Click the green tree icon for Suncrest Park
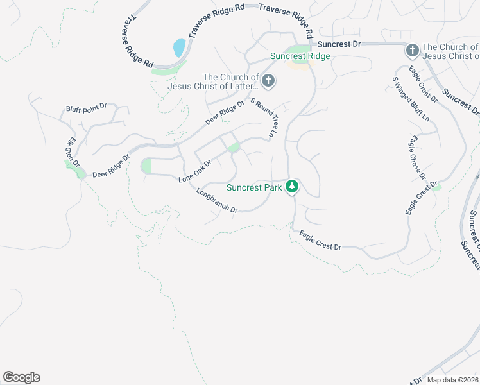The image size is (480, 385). (x=293, y=187)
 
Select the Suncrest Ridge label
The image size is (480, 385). (x=300, y=56)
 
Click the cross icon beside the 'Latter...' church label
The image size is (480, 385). (x=268, y=81)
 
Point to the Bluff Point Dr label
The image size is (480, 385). (x=86, y=108)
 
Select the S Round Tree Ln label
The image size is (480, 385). (x=262, y=117)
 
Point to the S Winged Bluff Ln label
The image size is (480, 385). (x=411, y=99)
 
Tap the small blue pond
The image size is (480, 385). (x=179, y=47)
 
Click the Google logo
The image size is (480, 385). (x=21, y=377)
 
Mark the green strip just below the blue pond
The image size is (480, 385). (x=166, y=68)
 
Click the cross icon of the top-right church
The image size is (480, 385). (x=412, y=49)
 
